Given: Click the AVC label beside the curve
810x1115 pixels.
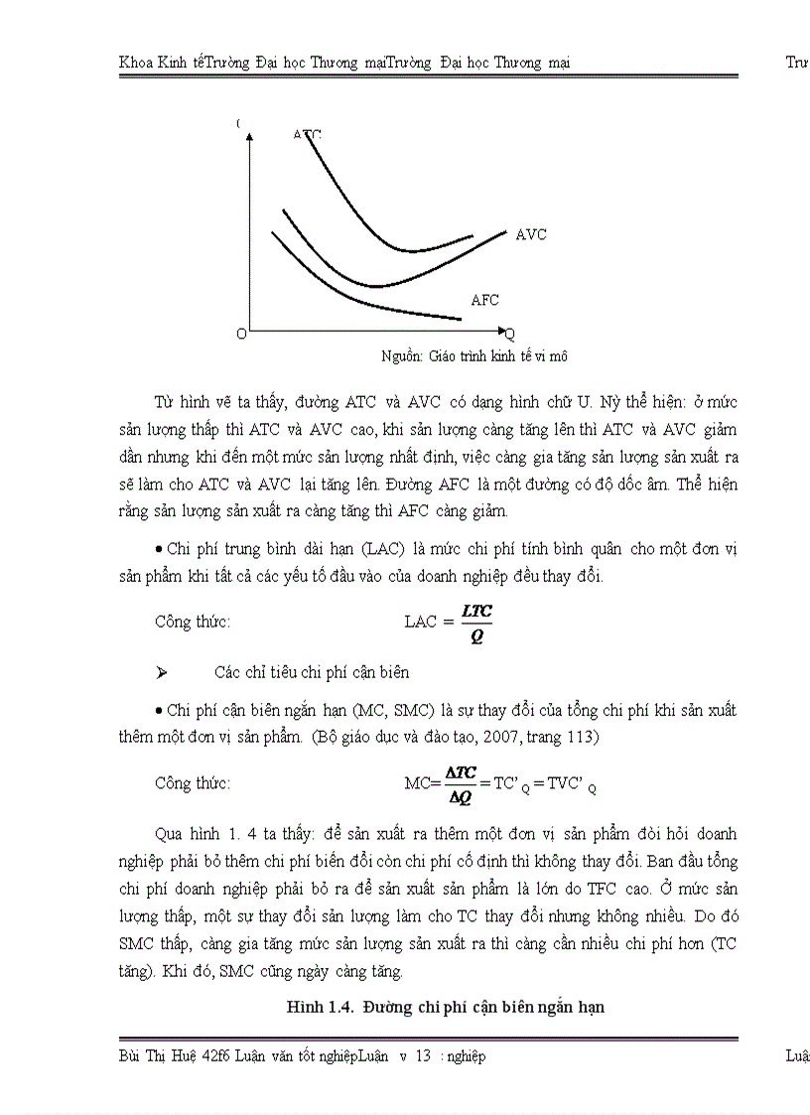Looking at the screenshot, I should point(531,235).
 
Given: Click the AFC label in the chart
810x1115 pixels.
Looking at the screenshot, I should point(484,300).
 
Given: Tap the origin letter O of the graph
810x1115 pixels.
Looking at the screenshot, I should point(241,335).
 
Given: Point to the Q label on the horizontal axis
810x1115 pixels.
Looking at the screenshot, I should point(510,334).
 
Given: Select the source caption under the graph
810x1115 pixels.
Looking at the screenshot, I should point(473,355).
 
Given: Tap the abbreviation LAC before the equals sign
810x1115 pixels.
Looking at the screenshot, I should point(419,622).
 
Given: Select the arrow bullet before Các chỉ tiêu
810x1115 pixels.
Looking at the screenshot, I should point(161,672).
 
